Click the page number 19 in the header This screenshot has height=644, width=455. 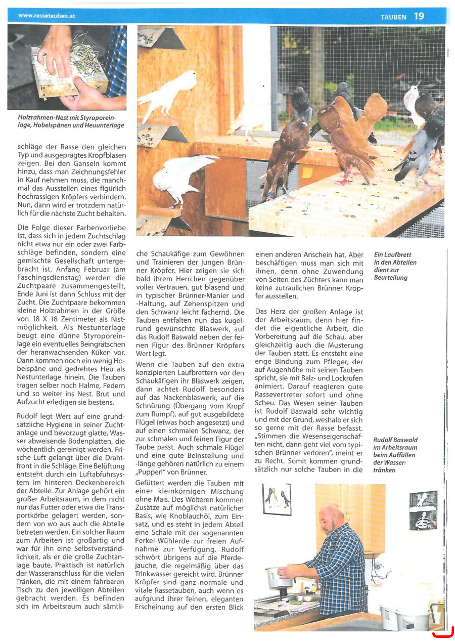[419, 16]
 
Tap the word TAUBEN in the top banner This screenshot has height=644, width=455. [393, 17]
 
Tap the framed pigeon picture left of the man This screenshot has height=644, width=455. [277, 500]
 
